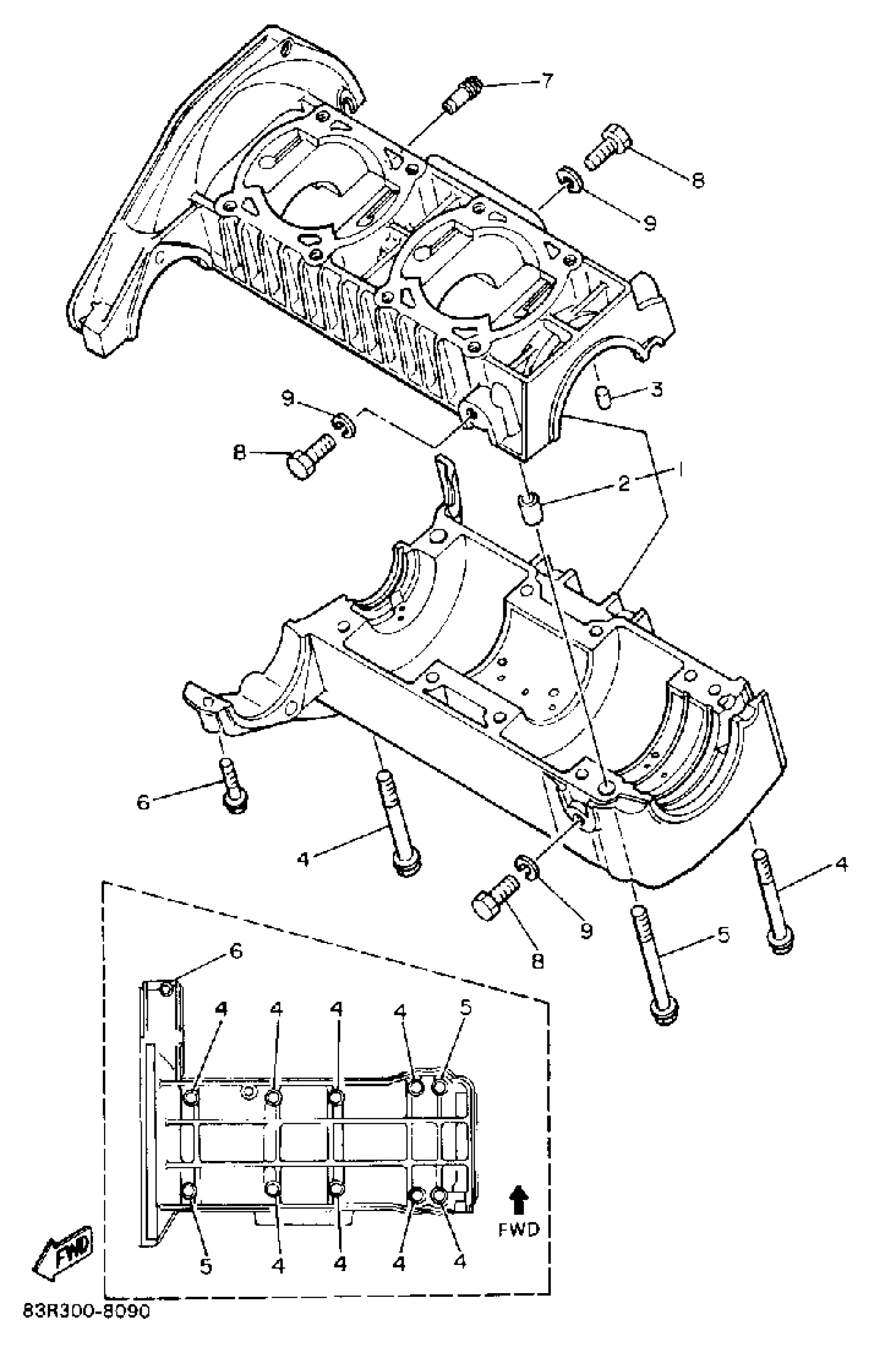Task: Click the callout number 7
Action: [x=546, y=81]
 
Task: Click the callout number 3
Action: [x=656, y=390]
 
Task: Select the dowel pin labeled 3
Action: [x=604, y=397]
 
